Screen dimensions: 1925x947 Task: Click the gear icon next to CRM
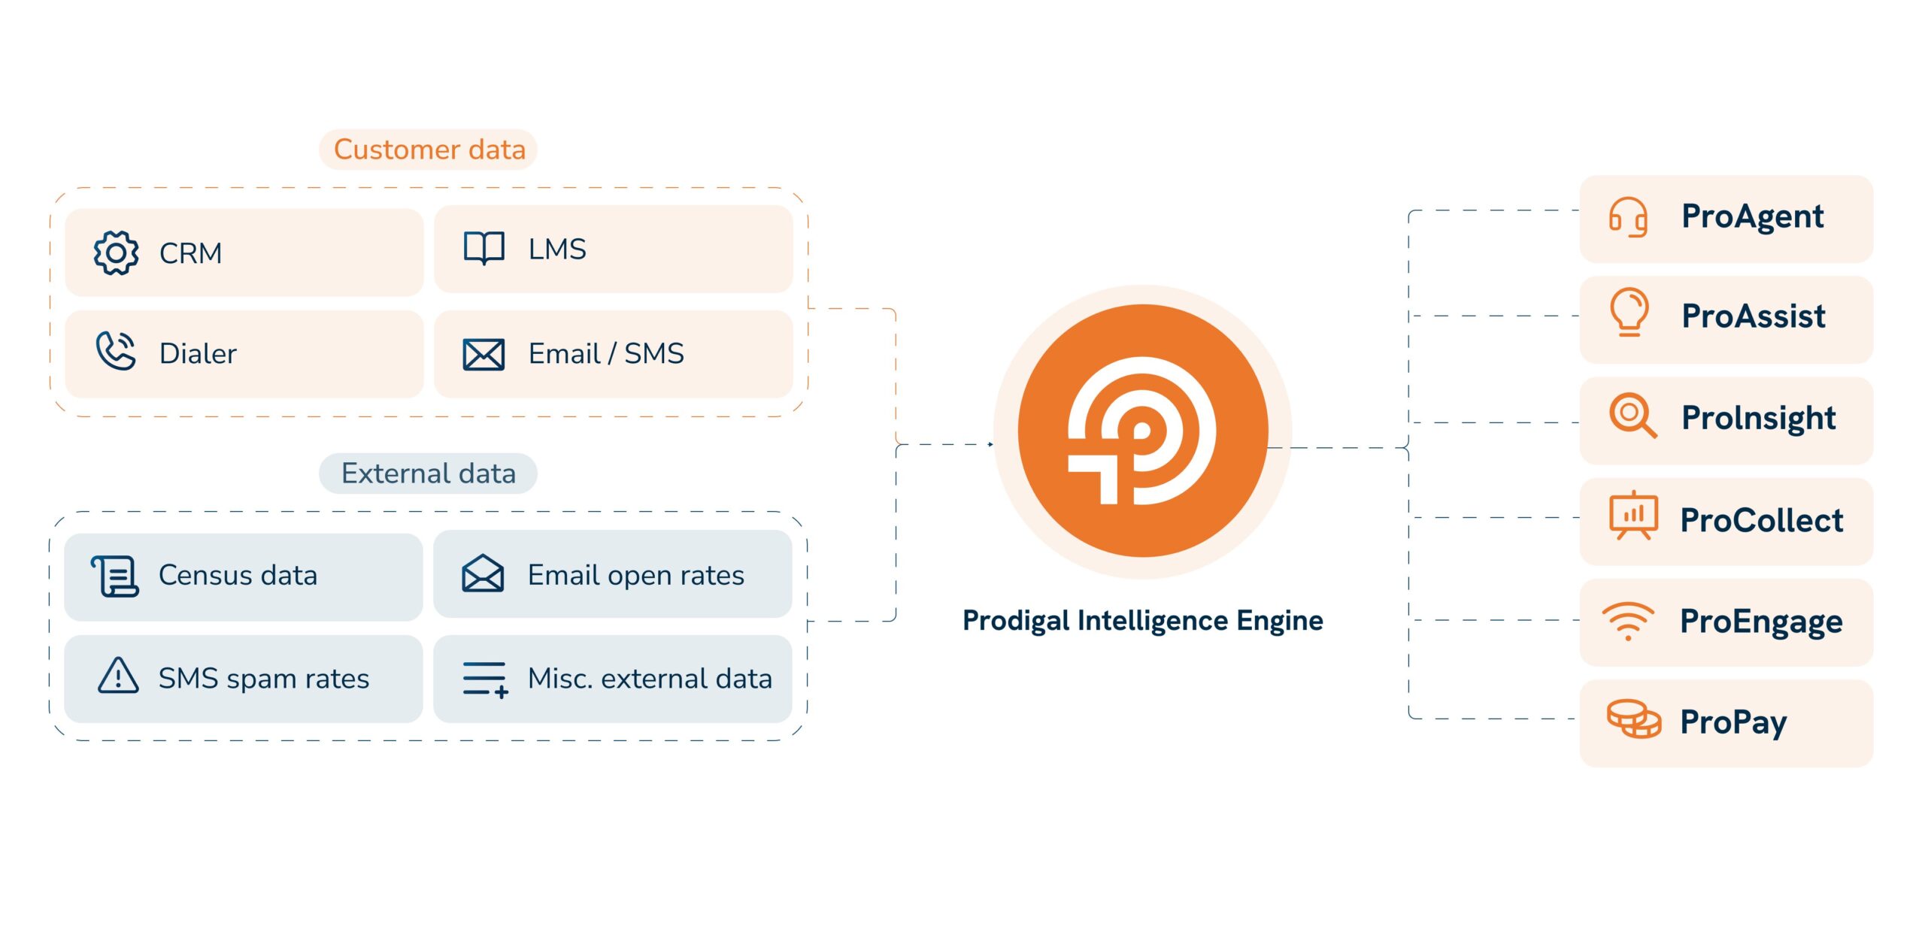tap(116, 253)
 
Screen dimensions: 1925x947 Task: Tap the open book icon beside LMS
tap(484, 248)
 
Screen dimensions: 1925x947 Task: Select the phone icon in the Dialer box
tap(116, 351)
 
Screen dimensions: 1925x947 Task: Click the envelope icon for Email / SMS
tap(484, 355)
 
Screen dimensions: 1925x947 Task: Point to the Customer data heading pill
tap(429, 150)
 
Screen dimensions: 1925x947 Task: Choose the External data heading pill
tap(428, 473)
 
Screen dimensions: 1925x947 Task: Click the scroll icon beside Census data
tap(115, 576)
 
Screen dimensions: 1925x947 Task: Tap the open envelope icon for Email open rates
tap(483, 573)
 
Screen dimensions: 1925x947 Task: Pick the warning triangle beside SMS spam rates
tap(118, 675)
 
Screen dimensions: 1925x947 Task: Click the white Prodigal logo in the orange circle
tap(1142, 430)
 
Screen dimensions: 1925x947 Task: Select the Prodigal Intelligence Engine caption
tap(1143, 621)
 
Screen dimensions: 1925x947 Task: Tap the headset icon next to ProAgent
tap(1628, 217)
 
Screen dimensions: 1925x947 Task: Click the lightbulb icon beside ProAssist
tap(1629, 312)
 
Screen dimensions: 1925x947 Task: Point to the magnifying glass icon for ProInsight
tap(1632, 416)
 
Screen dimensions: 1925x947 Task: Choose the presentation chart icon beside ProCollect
tap(1633, 516)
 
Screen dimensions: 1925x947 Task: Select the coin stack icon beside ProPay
tap(1634, 719)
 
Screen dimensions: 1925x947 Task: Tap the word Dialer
tap(198, 354)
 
